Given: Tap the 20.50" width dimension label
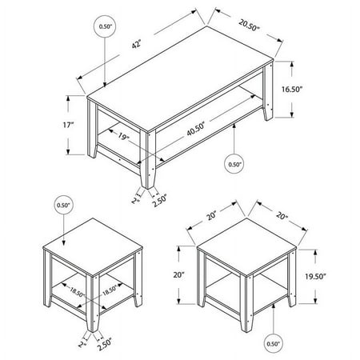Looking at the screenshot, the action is pos(249,25).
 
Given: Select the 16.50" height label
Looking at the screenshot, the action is pos(292,89).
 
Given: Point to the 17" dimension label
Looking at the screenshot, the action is pos(68,125).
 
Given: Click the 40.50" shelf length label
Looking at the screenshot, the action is pos(195,129).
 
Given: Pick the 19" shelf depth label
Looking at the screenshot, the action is pos(123,137).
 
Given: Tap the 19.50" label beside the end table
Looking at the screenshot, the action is pos(316,277).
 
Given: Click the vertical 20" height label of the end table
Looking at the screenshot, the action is pos(179,274).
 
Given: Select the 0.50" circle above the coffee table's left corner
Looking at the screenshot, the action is pos(105,26).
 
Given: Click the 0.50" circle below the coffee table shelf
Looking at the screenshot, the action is pos(234,164).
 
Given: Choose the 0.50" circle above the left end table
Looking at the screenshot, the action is pos(63,205).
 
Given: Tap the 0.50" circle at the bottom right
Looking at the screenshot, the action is pos(273,344).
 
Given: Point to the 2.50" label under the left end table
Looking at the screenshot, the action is pos(105,344).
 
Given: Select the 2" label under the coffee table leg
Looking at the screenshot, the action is pos(135,200).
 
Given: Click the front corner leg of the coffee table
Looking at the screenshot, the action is pos(148,159).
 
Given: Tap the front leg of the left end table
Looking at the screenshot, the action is pos(93,303).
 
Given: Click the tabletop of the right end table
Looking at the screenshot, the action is pos(246,246).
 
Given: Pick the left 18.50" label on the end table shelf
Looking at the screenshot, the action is pos(77,292).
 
